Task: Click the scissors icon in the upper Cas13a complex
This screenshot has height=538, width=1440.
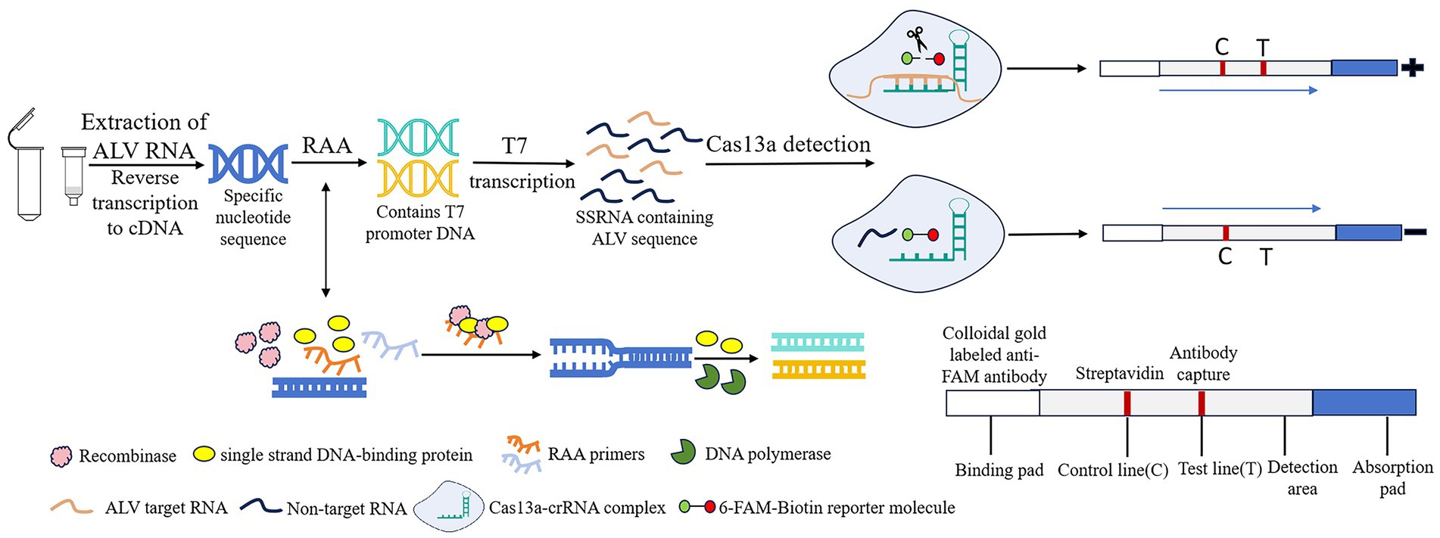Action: click(916, 39)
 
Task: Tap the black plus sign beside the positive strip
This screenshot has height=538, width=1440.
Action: click(1412, 68)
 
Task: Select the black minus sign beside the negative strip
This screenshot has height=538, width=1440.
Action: click(1415, 233)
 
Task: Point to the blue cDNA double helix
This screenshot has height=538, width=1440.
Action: click(248, 164)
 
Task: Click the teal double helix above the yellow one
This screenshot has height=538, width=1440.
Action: click(418, 137)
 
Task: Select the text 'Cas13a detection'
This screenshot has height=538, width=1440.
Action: click(788, 145)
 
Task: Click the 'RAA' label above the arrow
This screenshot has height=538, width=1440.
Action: click(326, 145)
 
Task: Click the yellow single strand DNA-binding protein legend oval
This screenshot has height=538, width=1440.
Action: click(204, 454)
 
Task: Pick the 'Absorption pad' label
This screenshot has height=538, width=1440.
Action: click(1392, 477)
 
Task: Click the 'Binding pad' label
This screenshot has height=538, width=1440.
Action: click(999, 471)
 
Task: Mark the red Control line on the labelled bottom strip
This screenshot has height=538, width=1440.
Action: click(1127, 403)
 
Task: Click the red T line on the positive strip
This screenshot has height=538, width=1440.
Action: click(1264, 68)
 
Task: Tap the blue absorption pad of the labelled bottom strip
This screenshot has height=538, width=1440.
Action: click(1364, 403)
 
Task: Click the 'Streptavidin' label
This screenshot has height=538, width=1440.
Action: click(1119, 374)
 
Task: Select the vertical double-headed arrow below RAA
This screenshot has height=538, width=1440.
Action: click(326, 239)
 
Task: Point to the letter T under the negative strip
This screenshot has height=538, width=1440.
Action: click(1266, 257)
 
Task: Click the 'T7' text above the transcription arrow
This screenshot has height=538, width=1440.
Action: click(514, 145)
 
